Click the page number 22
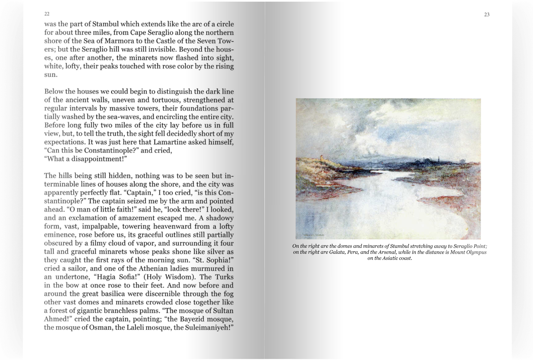pyautogui.click(x=47, y=14)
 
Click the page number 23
pyautogui.click(x=487, y=15)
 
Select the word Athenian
pyautogui.click(x=158, y=269)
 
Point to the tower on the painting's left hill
pyautogui.click(x=321, y=158)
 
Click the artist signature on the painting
pyautogui.click(x=315, y=234)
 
